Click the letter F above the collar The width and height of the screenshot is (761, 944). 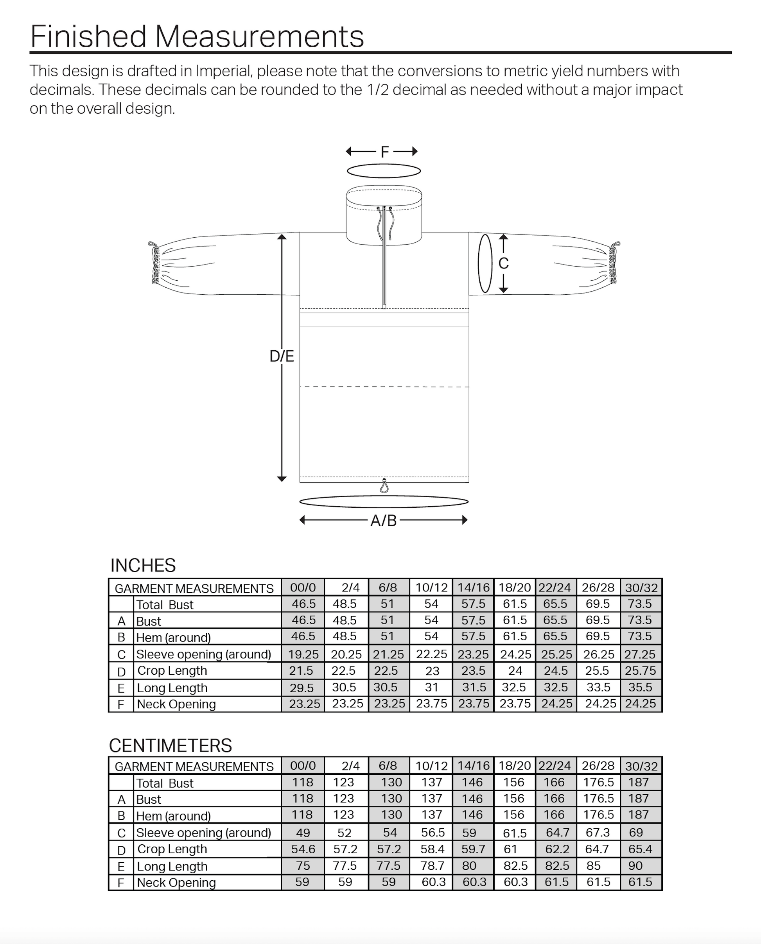click(x=384, y=152)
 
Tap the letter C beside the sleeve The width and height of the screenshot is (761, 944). click(x=503, y=263)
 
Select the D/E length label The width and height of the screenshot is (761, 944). click(x=282, y=356)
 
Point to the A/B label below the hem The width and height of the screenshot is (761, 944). click(x=384, y=520)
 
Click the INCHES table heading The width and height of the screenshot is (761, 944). click(x=143, y=566)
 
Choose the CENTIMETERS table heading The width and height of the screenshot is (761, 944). click(x=170, y=745)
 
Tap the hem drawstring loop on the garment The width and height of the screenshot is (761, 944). click(x=384, y=486)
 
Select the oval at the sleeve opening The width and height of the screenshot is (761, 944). click(x=485, y=263)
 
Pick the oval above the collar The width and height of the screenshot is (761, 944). click(x=384, y=171)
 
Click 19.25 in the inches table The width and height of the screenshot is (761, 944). click(x=303, y=654)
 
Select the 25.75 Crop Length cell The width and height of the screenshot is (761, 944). click(x=641, y=671)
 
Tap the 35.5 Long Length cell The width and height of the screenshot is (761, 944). click(x=641, y=687)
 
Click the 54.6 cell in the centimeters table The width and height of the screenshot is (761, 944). click(x=303, y=849)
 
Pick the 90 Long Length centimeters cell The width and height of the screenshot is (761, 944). click(x=635, y=865)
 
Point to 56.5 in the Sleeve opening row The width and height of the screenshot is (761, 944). click(x=433, y=832)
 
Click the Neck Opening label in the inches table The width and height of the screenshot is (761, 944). click(x=176, y=704)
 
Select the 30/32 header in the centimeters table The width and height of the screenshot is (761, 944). click(x=641, y=766)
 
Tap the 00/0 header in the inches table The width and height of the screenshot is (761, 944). click(x=303, y=588)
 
